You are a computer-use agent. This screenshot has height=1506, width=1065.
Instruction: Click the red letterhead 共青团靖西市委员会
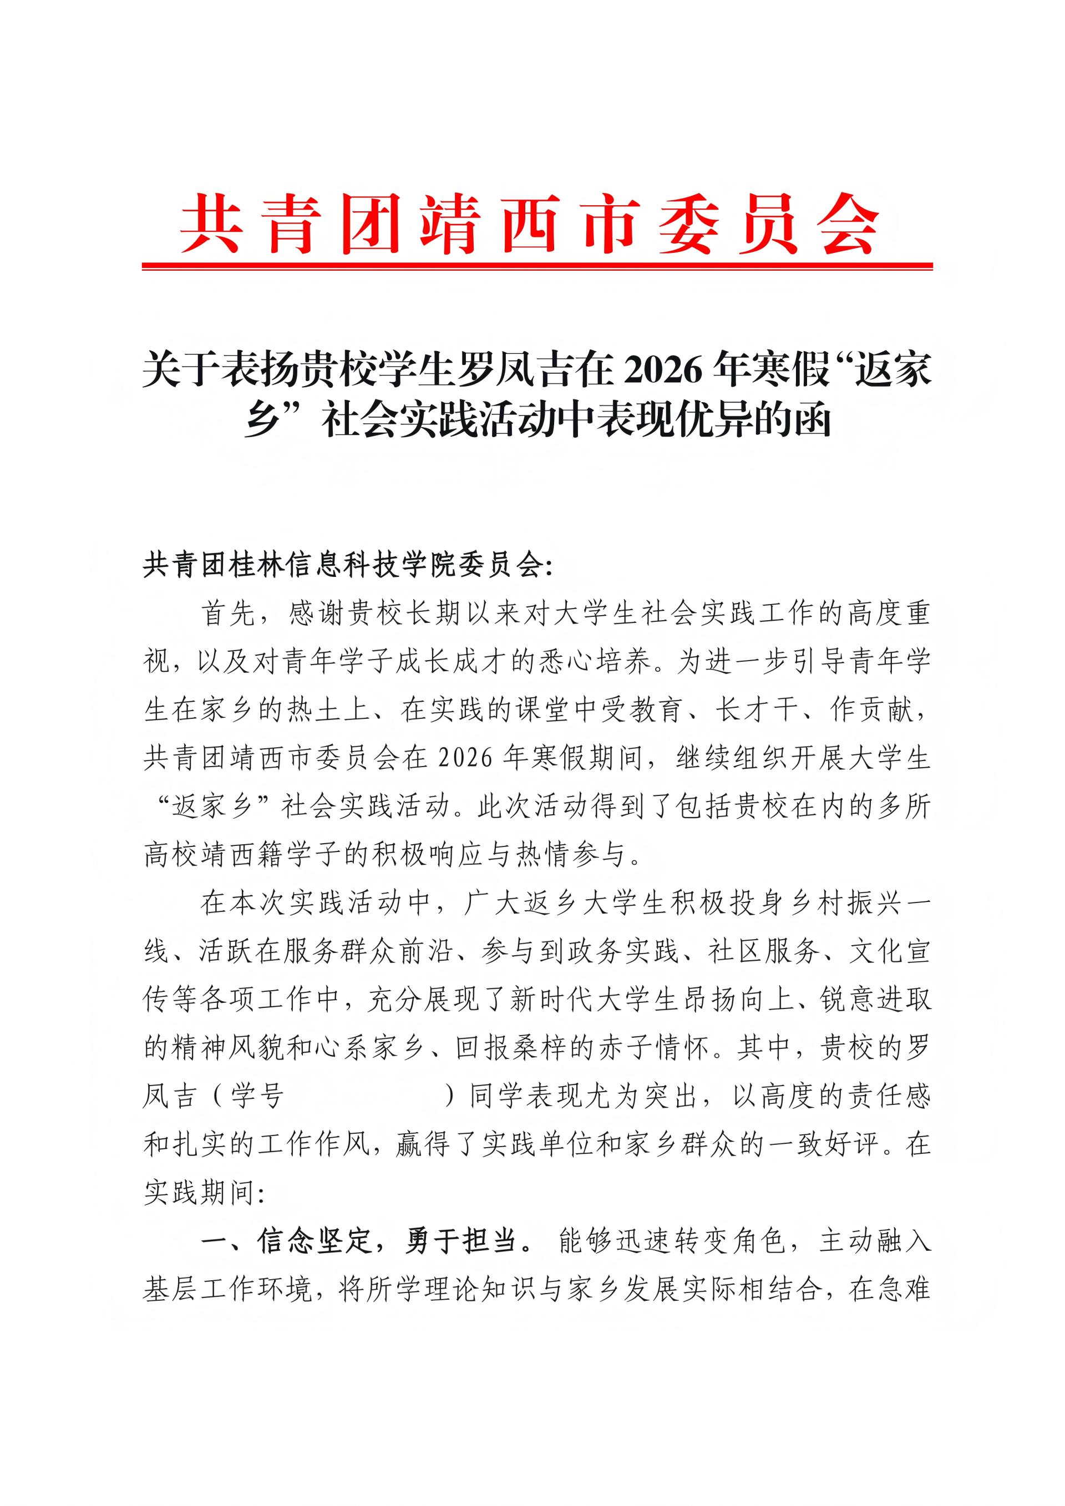click(530, 225)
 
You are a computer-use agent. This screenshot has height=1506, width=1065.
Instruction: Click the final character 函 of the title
click(813, 420)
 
